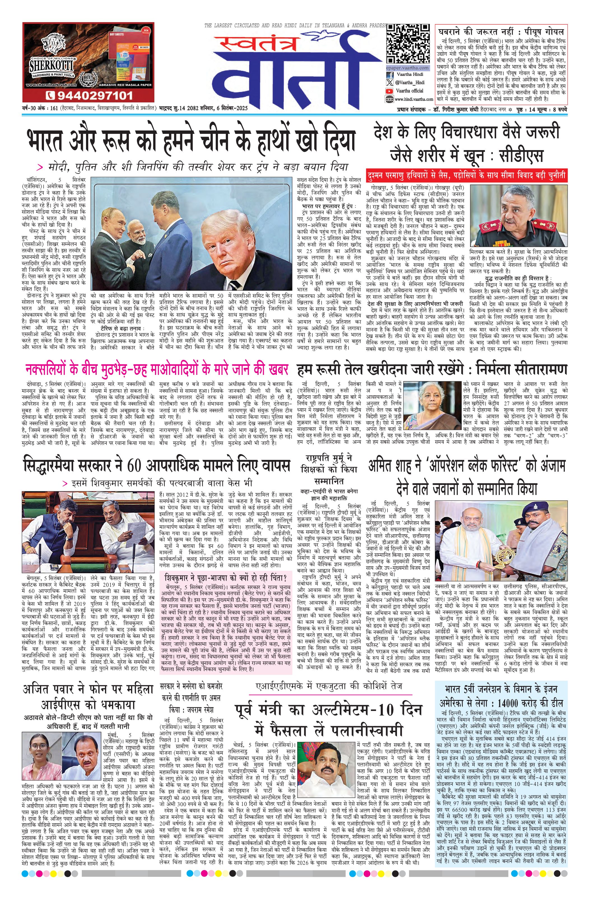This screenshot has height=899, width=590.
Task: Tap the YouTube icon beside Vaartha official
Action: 389,91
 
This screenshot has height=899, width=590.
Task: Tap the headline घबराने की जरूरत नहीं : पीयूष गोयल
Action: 500,31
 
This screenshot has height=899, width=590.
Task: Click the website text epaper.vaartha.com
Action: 407,68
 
